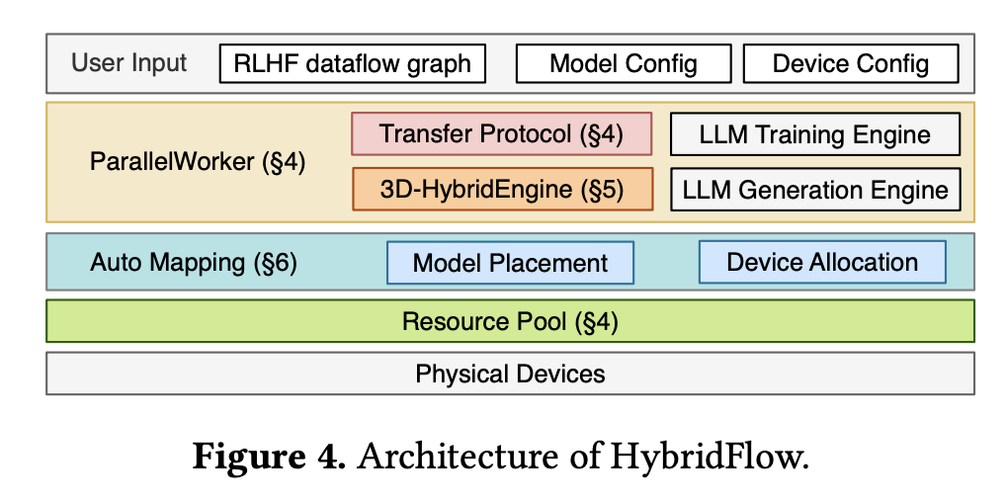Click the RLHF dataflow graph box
(x=353, y=64)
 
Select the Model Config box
(x=624, y=64)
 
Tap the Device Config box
(x=851, y=64)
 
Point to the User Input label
(x=129, y=63)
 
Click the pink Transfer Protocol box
(x=501, y=133)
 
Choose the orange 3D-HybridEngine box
(x=502, y=189)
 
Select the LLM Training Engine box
(x=815, y=134)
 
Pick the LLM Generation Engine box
(x=815, y=189)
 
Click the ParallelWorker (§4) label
(x=198, y=162)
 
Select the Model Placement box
(x=510, y=263)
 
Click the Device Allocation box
(x=822, y=262)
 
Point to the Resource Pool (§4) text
(x=510, y=321)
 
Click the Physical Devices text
(x=510, y=374)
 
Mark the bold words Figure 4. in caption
(x=268, y=458)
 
